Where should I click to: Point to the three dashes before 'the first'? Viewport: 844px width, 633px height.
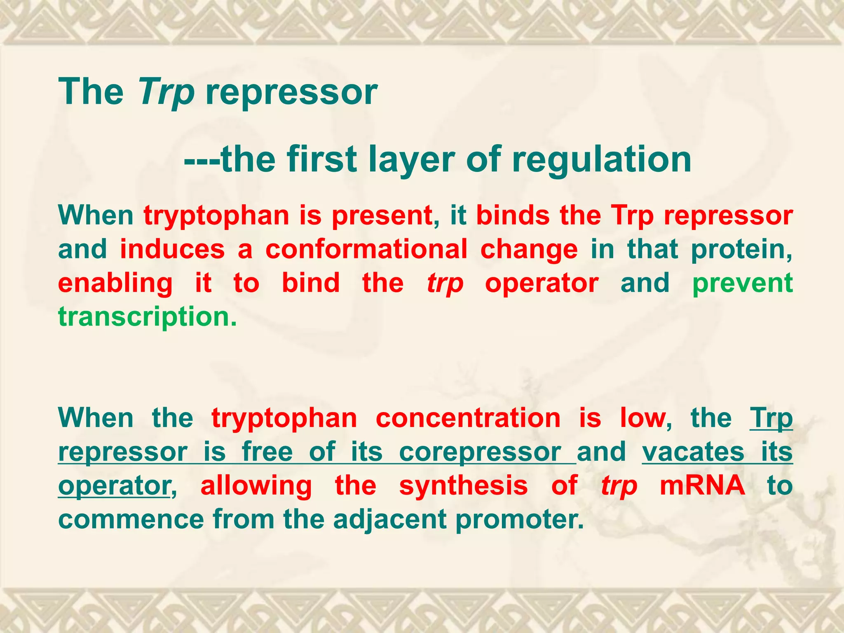(x=202, y=160)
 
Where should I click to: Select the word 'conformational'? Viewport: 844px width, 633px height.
(x=366, y=249)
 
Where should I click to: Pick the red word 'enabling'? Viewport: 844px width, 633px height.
(x=115, y=284)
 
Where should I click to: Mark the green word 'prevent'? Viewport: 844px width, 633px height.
(x=742, y=284)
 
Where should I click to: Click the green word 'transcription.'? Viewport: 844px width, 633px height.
(x=148, y=317)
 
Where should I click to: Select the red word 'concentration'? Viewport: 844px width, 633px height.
(x=468, y=418)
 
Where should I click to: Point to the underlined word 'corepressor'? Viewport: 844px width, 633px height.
(x=481, y=452)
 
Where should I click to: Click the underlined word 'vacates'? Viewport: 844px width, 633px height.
(x=694, y=452)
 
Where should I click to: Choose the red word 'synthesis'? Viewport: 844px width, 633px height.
(x=464, y=485)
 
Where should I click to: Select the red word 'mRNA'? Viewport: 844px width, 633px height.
(x=702, y=485)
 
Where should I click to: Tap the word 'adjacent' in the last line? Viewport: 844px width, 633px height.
(x=390, y=519)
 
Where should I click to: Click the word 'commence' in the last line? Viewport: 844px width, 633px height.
(x=131, y=519)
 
